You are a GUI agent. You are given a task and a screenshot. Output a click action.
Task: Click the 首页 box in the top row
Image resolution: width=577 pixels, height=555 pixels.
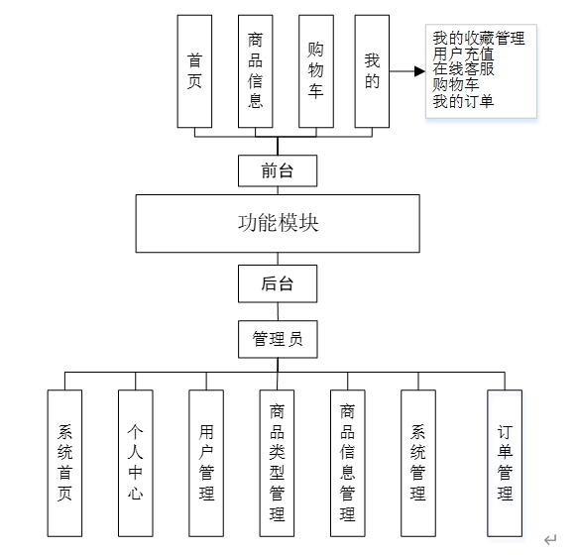tap(195, 71)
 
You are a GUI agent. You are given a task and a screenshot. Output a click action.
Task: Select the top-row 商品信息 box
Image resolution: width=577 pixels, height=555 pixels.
tap(256, 71)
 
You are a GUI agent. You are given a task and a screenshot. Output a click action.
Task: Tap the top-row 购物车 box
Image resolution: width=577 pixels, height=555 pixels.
tap(316, 71)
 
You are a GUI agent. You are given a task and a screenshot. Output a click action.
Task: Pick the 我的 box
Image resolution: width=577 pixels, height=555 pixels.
tap(372, 71)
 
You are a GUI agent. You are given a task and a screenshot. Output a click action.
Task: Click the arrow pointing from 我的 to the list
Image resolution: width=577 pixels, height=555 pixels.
tap(407, 71)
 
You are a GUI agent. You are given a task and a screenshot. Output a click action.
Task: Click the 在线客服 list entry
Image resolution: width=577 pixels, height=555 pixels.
tap(464, 70)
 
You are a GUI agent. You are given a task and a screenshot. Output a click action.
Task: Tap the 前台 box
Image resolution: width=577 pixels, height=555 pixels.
tap(278, 170)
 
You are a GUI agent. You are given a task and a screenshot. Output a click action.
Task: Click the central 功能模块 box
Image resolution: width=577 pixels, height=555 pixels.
tap(278, 223)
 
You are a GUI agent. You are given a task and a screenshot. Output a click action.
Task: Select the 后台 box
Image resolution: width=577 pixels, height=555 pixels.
tap(278, 283)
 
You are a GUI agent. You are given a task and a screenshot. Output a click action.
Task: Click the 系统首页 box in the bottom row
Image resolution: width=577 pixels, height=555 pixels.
tap(65, 463)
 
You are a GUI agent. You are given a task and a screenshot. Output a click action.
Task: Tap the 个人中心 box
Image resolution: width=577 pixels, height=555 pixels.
tap(136, 463)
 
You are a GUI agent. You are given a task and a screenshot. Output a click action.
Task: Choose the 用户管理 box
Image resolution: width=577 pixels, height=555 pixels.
tap(206, 463)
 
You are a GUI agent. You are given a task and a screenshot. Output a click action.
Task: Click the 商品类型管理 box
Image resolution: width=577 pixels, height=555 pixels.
tap(278, 463)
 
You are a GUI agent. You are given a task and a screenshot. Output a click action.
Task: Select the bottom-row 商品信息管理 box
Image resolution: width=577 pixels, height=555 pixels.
tap(348, 463)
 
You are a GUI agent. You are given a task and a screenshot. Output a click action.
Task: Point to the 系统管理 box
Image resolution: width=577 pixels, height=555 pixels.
tap(418, 463)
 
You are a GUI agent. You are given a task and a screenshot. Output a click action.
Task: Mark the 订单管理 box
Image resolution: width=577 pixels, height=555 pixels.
tap(505, 463)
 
